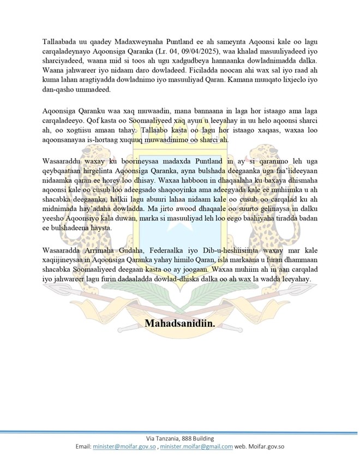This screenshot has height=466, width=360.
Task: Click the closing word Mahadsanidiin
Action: click(179, 324)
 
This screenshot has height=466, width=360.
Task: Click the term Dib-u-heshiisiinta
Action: click(224, 250)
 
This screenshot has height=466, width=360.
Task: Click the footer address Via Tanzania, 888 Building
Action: click(179, 439)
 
